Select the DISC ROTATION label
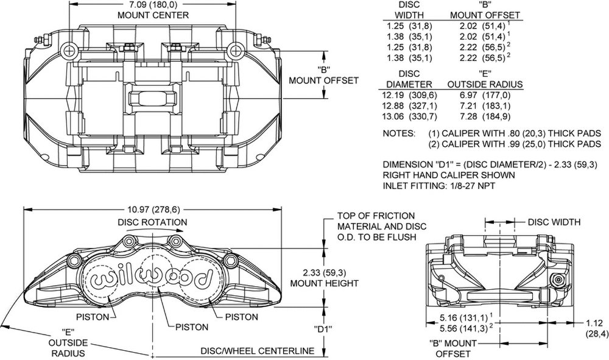click(x=152, y=222)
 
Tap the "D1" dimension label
click(x=323, y=328)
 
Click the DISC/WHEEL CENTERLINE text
click(x=257, y=351)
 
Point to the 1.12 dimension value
click(x=594, y=323)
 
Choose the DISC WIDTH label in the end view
click(x=554, y=222)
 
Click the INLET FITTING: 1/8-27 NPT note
click(x=439, y=186)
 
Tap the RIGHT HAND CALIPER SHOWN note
click(x=449, y=175)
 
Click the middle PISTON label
click(x=192, y=327)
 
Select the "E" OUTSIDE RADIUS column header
click(x=485, y=79)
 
